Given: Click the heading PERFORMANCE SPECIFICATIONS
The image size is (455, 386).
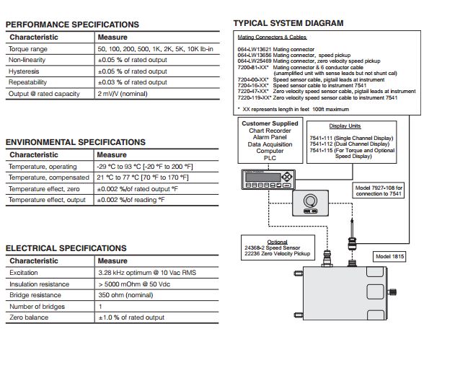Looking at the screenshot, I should tap(72, 25).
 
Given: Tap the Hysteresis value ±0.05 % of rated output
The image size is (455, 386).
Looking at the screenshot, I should tap(132, 71).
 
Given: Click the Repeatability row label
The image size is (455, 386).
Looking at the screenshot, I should tap(28, 83).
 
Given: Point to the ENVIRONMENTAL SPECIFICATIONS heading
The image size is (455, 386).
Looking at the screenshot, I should tap(76, 142).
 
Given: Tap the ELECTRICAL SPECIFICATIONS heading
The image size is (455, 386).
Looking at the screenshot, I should tap(66, 248).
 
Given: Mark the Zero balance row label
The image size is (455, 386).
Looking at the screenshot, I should tap(30, 317).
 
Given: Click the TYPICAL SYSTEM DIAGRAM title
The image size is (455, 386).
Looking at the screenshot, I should tap(288, 23).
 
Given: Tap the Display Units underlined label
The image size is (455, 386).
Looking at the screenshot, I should tap(345, 126).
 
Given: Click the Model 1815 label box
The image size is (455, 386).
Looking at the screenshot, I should tap(391, 256).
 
